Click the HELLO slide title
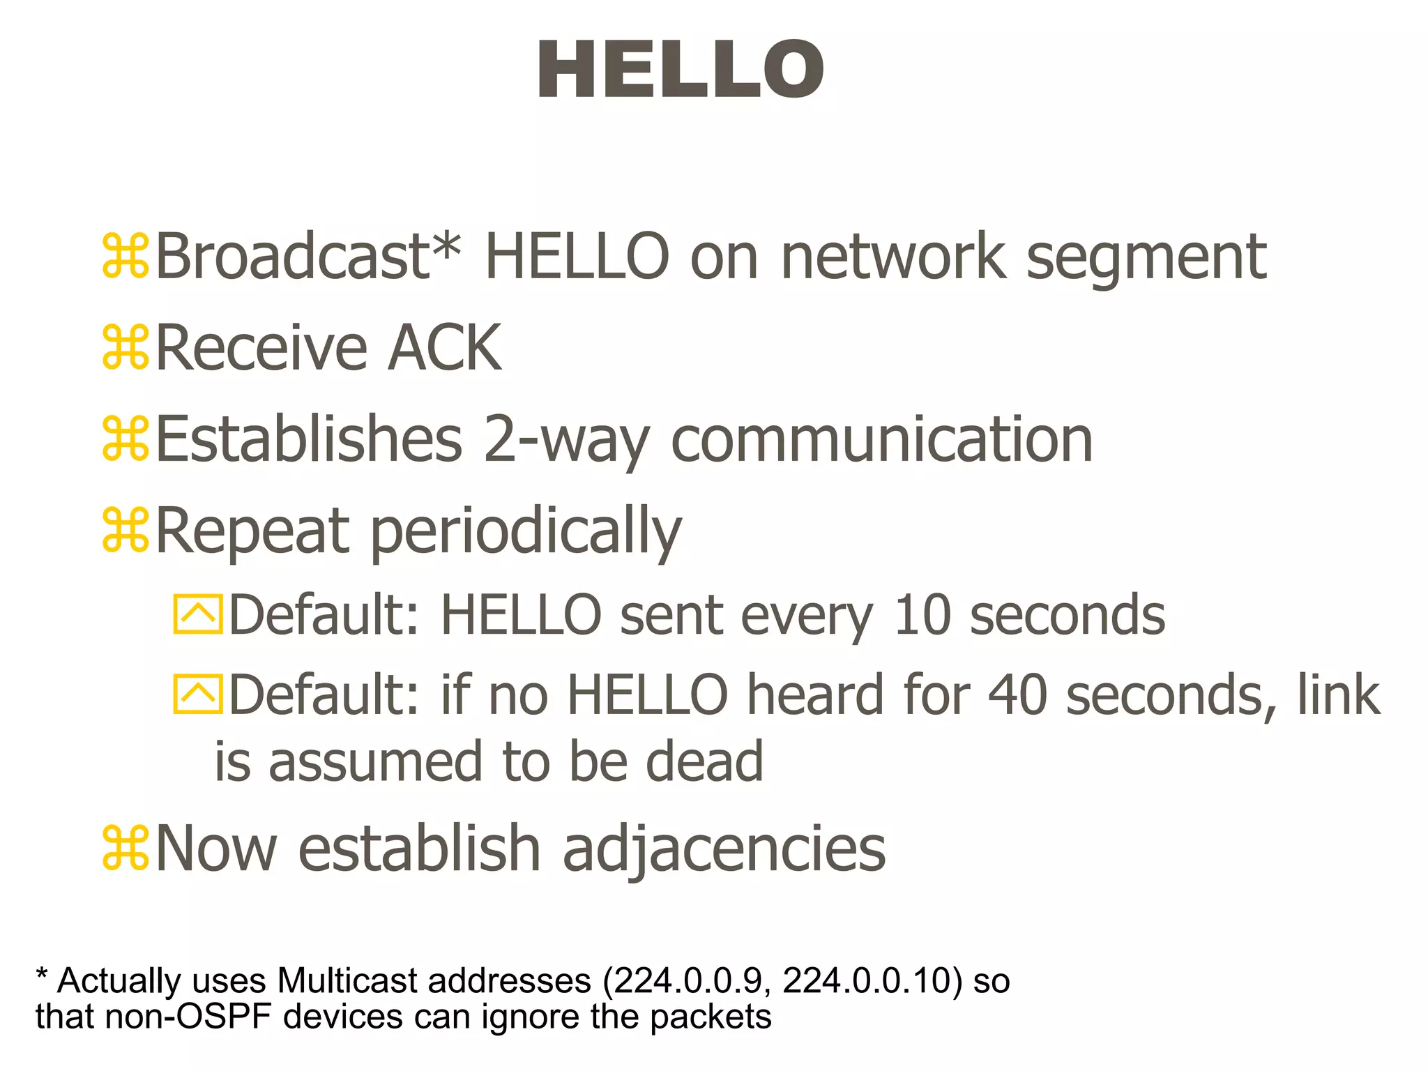click(x=680, y=70)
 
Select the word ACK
click(x=444, y=348)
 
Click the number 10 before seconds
click(x=922, y=615)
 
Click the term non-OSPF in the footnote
click(x=188, y=1017)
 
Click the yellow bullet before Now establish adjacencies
click(x=126, y=848)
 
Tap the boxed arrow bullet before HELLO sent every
click(x=198, y=614)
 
